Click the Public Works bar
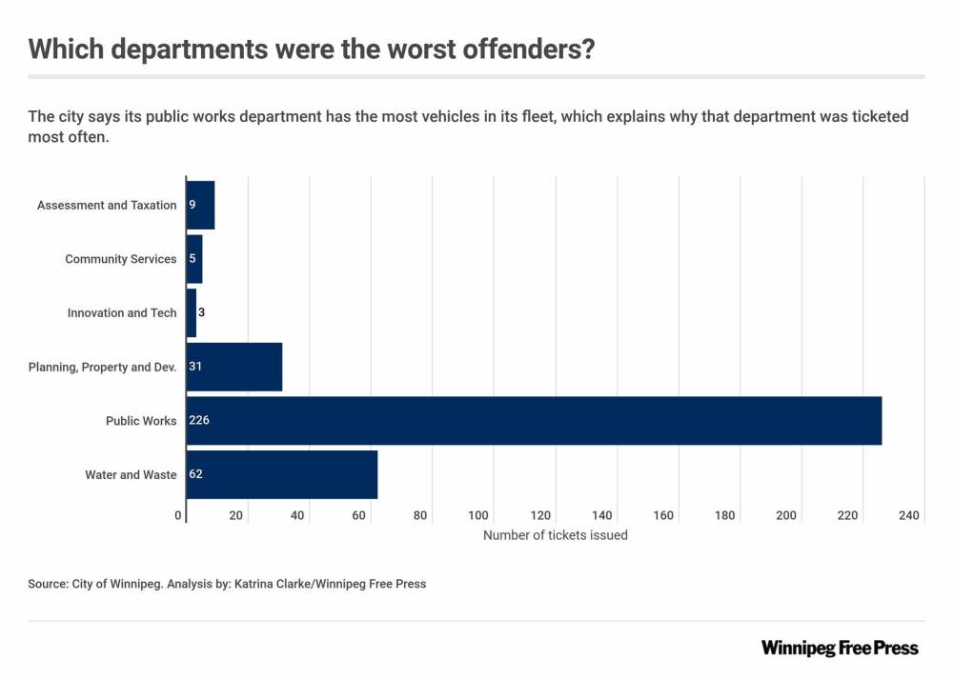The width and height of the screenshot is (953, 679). point(534,421)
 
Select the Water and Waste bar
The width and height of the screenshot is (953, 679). point(282,474)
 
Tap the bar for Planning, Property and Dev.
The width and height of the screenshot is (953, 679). point(234,367)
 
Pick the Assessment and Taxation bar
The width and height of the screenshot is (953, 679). point(200,205)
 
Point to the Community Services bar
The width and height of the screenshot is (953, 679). point(194,259)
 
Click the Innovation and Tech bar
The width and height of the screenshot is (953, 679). point(192,312)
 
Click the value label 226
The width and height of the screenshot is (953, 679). point(199,421)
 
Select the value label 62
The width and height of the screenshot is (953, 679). point(196,474)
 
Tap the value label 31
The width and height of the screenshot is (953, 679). point(195,367)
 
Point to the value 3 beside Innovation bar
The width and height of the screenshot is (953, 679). point(202,312)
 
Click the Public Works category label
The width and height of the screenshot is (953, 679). point(141,421)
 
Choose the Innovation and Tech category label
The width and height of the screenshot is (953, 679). point(122,312)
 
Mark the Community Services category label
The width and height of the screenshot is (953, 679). point(121,259)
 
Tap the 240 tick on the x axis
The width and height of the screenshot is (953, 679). point(908,515)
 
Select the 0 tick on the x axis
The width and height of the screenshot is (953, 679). point(179,515)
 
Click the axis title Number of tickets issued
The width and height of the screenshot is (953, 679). point(556,535)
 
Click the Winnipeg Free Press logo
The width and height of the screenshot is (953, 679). point(840,648)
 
